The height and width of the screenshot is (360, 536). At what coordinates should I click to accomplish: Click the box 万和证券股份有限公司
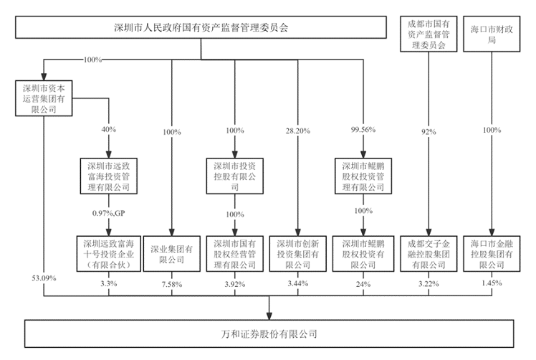[269, 333]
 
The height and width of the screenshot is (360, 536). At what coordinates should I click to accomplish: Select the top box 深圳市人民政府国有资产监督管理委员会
[201, 27]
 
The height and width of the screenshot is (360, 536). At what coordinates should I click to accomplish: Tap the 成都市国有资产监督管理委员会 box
[429, 34]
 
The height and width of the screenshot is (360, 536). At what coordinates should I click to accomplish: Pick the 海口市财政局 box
[492, 34]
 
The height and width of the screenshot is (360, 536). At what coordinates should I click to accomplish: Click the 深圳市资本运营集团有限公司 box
[44, 98]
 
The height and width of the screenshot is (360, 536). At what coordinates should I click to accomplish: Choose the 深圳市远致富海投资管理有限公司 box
[109, 176]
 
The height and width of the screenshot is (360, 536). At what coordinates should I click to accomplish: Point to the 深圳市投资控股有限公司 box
[235, 176]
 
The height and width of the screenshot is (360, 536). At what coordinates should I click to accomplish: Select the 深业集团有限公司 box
[171, 254]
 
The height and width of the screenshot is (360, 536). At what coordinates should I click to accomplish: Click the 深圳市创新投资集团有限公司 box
[298, 254]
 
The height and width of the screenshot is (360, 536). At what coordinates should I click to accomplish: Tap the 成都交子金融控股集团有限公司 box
[429, 254]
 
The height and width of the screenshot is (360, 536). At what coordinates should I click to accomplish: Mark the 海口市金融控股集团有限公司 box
[492, 254]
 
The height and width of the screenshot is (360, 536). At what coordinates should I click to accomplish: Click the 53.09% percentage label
[44, 278]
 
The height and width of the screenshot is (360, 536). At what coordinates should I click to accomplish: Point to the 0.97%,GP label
[109, 213]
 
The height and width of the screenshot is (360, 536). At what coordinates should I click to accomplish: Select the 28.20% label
[298, 131]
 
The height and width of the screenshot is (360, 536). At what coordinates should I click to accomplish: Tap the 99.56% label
[363, 130]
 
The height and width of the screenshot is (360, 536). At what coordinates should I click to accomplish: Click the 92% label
[429, 132]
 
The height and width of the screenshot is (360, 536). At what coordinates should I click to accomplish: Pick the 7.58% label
[171, 284]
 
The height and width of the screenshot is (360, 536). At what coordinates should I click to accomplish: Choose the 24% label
[363, 284]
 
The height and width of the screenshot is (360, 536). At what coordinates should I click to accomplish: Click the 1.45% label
[492, 283]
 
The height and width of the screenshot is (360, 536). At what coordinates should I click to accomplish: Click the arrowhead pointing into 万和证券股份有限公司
[269, 316]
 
